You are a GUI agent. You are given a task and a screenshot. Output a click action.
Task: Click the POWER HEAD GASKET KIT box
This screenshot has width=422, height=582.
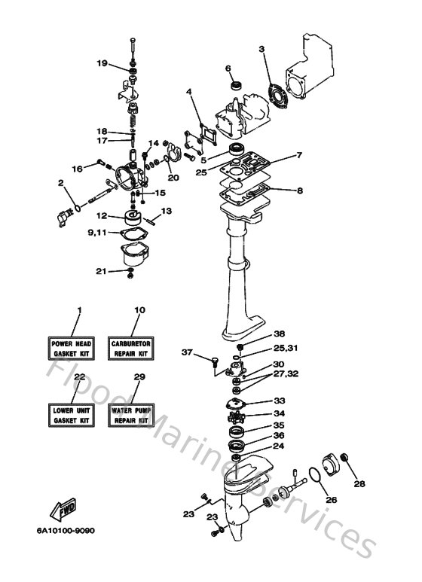coord(71,347)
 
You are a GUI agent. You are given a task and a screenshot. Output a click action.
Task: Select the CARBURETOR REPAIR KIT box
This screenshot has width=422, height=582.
coord(132,347)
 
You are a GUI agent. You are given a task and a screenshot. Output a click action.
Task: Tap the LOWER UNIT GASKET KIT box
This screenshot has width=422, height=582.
coord(71,413)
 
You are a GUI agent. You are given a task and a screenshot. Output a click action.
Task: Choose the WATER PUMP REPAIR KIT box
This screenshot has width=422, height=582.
coord(132,413)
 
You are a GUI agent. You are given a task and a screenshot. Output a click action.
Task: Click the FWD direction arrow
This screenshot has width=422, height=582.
coord(60,513)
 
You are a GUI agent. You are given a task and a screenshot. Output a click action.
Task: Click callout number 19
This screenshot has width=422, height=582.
coord(102,63)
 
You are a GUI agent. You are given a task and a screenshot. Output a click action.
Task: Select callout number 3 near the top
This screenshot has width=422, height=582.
coord(262,50)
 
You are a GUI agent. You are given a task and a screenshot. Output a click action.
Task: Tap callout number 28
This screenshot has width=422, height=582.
coord(359,483)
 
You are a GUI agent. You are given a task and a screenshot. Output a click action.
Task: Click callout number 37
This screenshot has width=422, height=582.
coord(188,352)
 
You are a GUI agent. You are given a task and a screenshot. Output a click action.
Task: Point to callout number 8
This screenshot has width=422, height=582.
coord(299,190)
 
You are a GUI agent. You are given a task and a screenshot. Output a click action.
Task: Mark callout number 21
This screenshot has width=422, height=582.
coord(100,271)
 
